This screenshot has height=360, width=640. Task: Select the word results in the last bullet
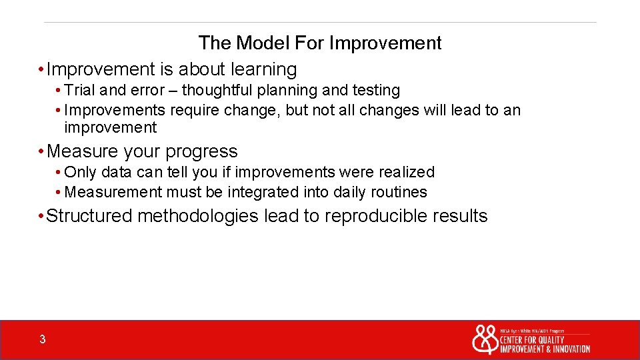460,216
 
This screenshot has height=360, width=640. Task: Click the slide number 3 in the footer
43,340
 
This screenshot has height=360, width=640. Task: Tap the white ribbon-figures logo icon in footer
485,340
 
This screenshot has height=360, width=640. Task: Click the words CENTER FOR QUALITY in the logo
532,340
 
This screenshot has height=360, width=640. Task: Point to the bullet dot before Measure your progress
42,152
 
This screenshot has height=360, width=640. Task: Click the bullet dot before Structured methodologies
42,217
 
